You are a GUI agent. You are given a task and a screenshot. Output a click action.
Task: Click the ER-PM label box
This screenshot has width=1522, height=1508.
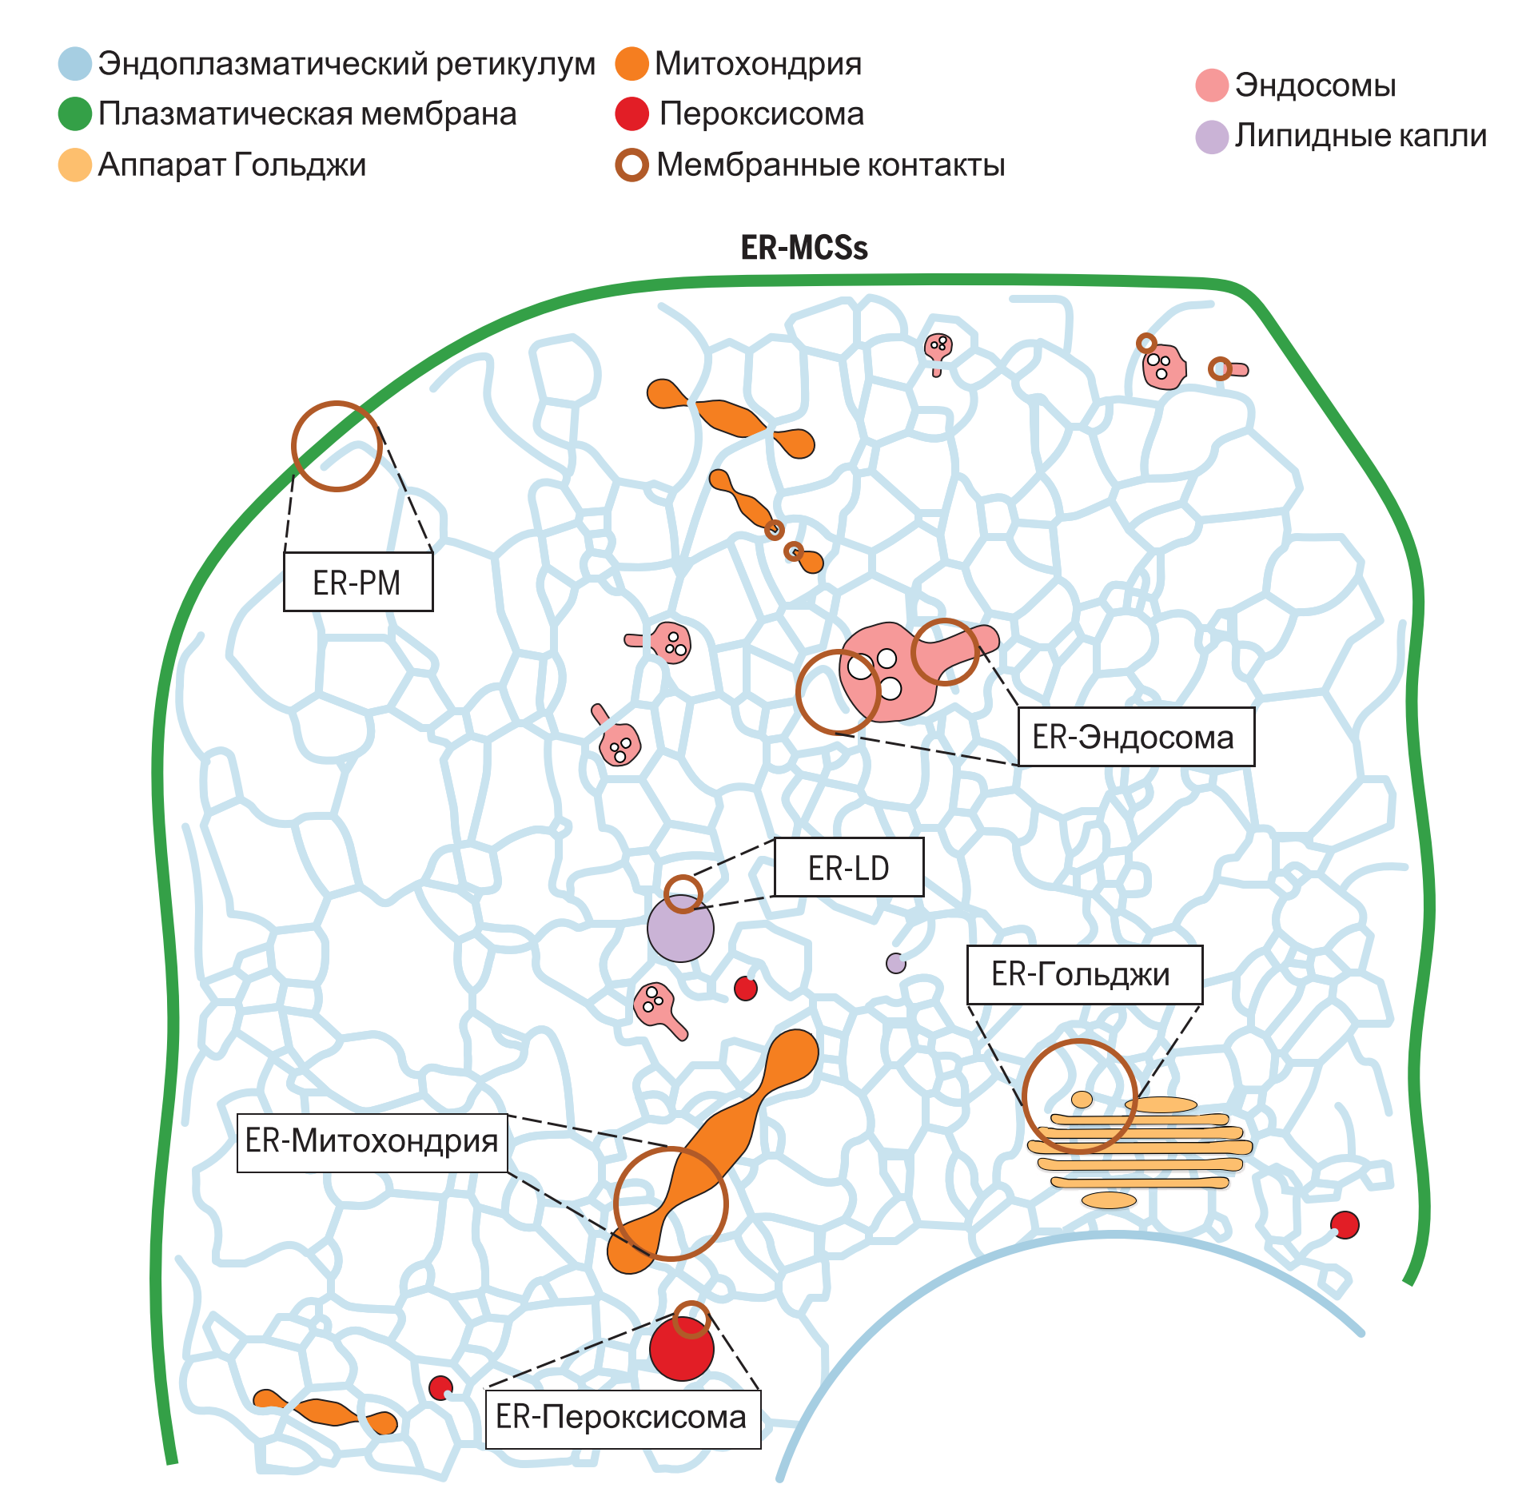pyautogui.click(x=358, y=582)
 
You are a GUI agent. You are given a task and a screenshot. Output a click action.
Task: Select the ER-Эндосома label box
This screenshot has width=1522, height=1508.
pyautogui.click(x=1135, y=737)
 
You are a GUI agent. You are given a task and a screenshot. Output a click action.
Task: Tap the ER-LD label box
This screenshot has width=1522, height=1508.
pyautogui.click(x=849, y=868)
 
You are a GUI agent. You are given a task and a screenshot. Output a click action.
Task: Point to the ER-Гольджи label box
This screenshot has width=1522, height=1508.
pyautogui.click(x=1084, y=975)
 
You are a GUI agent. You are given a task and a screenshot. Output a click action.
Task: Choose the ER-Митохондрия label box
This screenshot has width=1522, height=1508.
pyautogui.click(x=373, y=1143)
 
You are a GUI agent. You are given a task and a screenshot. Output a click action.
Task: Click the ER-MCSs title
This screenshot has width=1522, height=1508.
pyautogui.click(x=804, y=248)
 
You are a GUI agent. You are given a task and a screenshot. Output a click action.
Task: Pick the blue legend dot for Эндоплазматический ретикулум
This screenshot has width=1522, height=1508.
pyautogui.click(x=75, y=64)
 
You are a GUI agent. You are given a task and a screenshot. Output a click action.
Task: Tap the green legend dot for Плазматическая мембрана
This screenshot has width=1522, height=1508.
pyautogui.click(x=75, y=114)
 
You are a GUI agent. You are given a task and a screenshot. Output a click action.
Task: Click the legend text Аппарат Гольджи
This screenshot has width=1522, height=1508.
pyautogui.click(x=232, y=165)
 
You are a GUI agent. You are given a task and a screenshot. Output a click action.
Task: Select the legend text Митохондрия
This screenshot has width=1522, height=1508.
pyautogui.click(x=758, y=64)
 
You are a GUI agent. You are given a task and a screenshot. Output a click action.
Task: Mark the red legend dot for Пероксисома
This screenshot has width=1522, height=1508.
pyautogui.click(x=632, y=114)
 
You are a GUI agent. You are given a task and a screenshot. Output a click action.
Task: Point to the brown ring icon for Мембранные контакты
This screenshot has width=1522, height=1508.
pyautogui.click(x=632, y=165)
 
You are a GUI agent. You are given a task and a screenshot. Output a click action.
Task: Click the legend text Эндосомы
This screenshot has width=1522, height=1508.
pyautogui.click(x=1315, y=86)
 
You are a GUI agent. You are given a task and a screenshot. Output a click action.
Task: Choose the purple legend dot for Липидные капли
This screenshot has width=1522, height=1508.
pyautogui.click(x=1212, y=137)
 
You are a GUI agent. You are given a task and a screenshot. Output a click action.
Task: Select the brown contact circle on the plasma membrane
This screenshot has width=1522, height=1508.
pyautogui.click(x=337, y=446)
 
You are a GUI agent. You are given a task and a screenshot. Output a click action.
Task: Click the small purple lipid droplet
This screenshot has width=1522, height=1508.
pyautogui.click(x=896, y=963)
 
